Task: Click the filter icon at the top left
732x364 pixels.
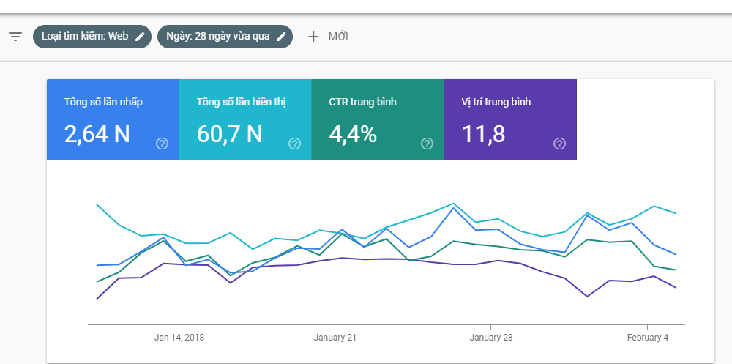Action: [15, 37]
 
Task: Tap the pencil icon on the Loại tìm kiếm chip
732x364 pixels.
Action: [140, 37]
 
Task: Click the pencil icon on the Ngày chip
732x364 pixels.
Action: [281, 37]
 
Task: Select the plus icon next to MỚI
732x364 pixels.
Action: [313, 37]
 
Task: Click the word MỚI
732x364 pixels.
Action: [338, 37]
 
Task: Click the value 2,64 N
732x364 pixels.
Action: [97, 134]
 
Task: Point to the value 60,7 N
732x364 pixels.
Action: [230, 134]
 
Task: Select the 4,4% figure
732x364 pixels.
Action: [353, 134]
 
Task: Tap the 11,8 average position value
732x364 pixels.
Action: [484, 134]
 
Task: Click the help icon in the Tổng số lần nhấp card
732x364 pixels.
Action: [162, 144]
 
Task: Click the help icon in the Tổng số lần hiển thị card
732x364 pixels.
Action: [294, 144]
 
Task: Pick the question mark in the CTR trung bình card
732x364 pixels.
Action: [427, 144]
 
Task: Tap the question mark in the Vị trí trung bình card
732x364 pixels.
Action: [560, 144]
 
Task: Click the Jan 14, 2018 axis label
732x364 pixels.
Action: [179, 338]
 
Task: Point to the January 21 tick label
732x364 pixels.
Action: [335, 338]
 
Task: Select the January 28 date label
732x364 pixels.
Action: [491, 338]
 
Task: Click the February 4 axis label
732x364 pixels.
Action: [648, 338]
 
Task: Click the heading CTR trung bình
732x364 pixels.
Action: [363, 102]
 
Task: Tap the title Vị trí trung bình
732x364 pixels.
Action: [496, 102]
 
